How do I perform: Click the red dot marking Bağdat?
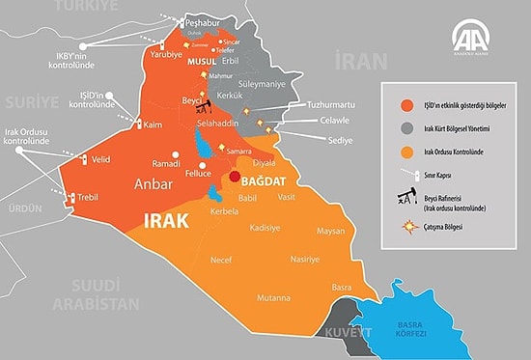point(235,178)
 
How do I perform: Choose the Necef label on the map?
point(221,260)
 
